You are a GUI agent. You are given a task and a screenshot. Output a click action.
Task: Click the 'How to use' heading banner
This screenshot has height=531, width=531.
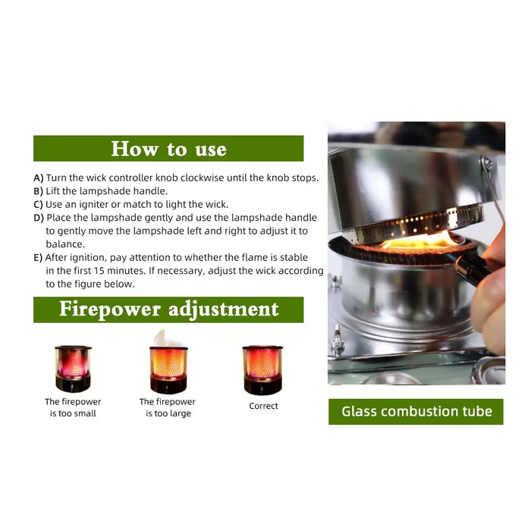pyautogui.click(x=168, y=149)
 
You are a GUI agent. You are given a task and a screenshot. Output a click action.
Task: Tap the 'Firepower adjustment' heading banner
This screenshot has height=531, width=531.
pyautogui.click(x=168, y=309)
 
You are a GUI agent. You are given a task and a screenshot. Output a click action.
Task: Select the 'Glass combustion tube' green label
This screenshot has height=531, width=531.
pyautogui.click(x=416, y=412)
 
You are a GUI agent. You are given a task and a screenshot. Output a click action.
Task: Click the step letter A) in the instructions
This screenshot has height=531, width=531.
pyautogui.click(x=39, y=178)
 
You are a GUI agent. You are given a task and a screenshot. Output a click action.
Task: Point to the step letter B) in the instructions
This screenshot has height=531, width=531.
pyautogui.click(x=39, y=191)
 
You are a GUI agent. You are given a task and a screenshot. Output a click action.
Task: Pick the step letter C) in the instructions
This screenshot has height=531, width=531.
pyautogui.click(x=39, y=204)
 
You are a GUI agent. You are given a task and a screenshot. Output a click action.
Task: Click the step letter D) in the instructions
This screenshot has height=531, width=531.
pyautogui.click(x=39, y=218)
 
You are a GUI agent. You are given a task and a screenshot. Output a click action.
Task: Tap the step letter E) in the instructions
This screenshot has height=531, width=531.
pyautogui.click(x=39, y=257)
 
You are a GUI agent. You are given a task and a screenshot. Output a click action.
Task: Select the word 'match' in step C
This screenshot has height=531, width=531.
pyautogui.click(x=145, y=204)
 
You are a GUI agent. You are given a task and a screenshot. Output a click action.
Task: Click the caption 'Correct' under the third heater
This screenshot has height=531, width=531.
pyautogui.click(x=263, y=406)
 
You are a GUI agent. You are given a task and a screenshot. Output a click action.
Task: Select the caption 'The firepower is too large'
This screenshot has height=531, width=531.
pyautogui.click(x=168, y=407)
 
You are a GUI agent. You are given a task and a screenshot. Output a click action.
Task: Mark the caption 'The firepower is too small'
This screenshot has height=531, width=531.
pyautogui.click(x=73, y=407)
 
